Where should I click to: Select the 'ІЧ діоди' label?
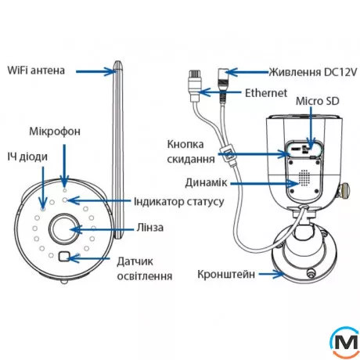(28, 157)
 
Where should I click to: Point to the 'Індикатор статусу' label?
(179, 201)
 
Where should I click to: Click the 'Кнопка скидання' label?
(190, 151)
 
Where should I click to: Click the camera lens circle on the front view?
(64, 230)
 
